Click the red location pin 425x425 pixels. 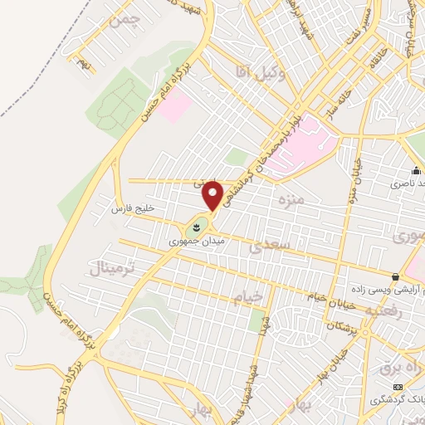point(213,194)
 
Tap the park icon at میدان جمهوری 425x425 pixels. point(197,225)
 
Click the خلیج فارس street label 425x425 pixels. point(129,208)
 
